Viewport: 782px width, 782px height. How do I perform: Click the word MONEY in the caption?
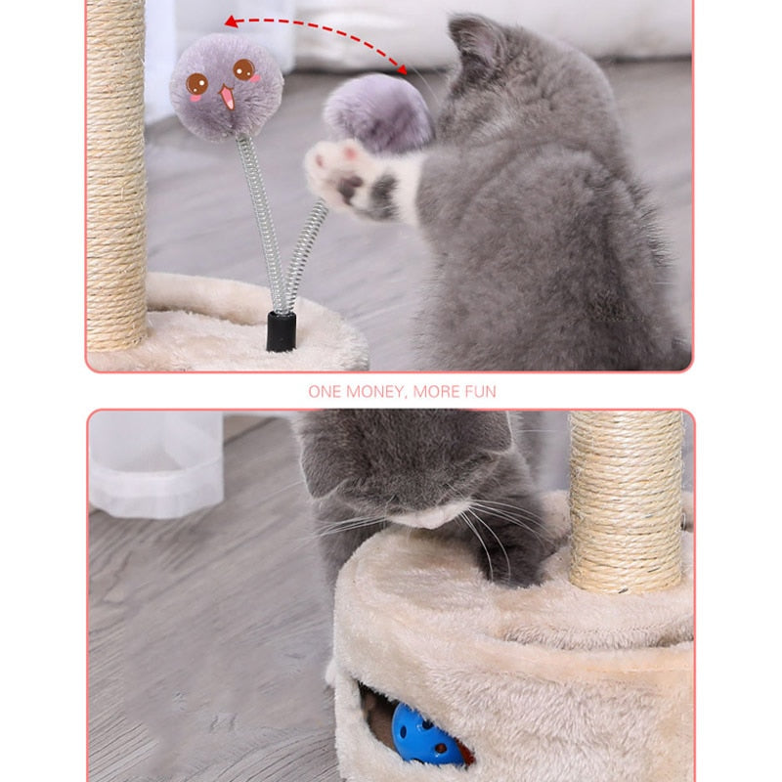coord(372,392)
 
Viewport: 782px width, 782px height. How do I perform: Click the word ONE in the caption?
coord(325,392)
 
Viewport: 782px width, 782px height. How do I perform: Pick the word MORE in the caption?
coord(434,392)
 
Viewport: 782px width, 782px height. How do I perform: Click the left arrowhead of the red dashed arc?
coord(231,21)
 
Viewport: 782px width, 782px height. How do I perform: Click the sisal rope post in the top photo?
coord(115,176)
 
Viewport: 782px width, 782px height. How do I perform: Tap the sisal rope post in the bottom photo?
coord(626,499)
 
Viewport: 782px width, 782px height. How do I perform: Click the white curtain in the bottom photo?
coord(156,459)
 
